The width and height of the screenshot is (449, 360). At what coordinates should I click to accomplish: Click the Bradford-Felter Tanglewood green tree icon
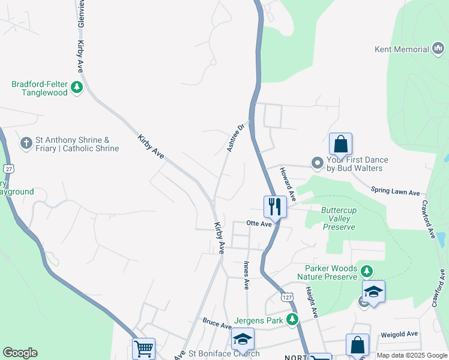click(x=76, y=88)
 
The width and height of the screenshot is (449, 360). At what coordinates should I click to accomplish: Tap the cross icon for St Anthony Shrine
click(x=26, y=143)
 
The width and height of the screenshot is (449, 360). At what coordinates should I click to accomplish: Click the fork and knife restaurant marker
click(x=275, y=206)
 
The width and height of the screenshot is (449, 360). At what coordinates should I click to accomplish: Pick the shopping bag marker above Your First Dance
click(x=340, y=144)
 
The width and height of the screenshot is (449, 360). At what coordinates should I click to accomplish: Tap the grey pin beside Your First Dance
click(x=318, y=163)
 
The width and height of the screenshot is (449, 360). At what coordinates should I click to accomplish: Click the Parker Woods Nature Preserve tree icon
click(x=366, y=273)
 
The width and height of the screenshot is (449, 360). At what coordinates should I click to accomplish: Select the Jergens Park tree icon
click(x=292, y=320)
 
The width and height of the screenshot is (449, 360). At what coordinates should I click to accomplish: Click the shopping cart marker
click(x=143, y=348)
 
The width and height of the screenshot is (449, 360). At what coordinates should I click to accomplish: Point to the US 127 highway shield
click(x=286, y=298)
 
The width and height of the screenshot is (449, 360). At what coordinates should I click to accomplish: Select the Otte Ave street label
click(x=259, y=223)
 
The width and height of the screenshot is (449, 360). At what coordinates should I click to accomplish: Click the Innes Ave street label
click(x=246, y=273)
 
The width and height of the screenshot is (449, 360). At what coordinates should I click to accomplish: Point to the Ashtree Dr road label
click(x=237, y=137)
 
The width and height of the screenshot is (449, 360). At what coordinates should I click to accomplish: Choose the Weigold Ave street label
click(x=399, y=334)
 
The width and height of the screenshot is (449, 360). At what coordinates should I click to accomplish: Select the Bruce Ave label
click(x=217, y=325)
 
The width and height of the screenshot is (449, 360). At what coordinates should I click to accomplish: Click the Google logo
click(x=20, y=353)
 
